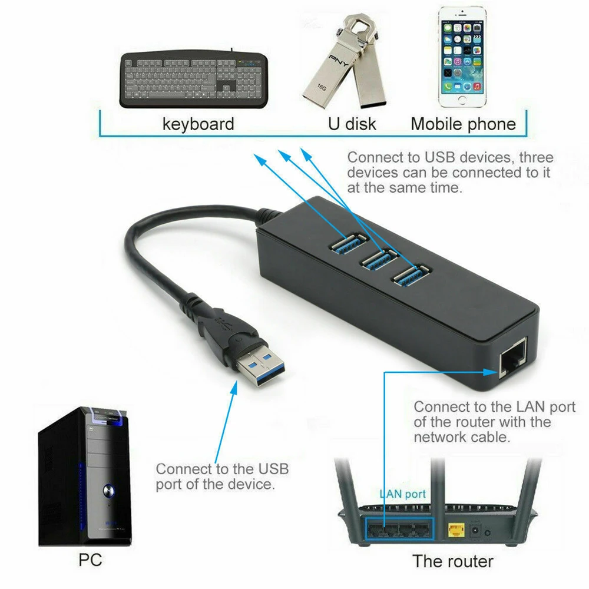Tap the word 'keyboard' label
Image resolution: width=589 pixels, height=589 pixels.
coord(198,124)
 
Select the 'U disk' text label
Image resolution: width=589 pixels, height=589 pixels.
coord(352,124)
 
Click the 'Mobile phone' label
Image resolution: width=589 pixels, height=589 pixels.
coord(463,124)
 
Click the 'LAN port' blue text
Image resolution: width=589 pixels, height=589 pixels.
coord(402,494)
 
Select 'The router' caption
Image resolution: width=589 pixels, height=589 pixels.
coord(452,560)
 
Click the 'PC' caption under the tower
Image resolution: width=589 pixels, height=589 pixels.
coord(90,559)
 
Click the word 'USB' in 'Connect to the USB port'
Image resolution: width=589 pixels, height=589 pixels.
coord(273,469)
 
